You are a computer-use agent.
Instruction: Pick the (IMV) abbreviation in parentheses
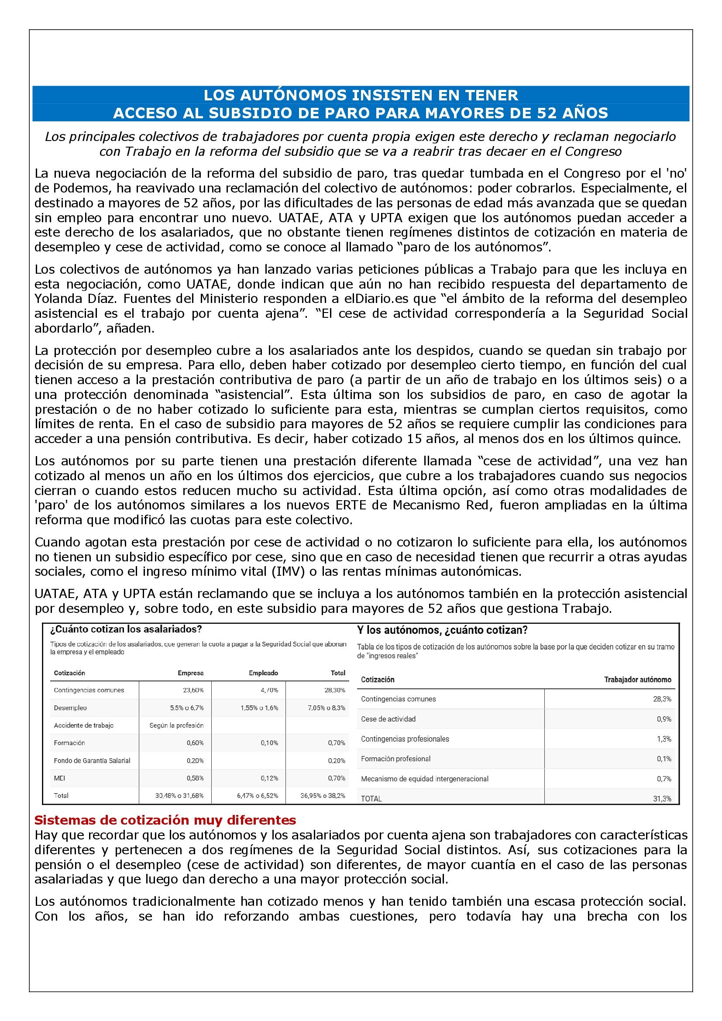click(x=288, y=571)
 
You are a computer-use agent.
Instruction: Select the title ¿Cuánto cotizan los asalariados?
click(x=126, y=629)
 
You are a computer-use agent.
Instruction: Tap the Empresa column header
click(x=190, y=673)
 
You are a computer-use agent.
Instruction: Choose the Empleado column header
click(x=263, y=673)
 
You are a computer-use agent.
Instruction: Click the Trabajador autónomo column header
click(x=637, y=680)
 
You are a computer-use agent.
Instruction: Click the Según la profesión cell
click(x=176, y=725)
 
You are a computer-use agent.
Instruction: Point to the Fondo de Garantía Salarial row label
click(x=92, y=760)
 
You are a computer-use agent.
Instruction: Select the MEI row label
click(x=59, y=778)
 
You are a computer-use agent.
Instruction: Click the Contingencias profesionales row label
click(x=405, y=739)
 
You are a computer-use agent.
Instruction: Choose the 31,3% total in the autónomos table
click(x=662, y=799)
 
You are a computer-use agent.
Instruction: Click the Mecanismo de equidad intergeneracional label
click(x=425, y=779)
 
